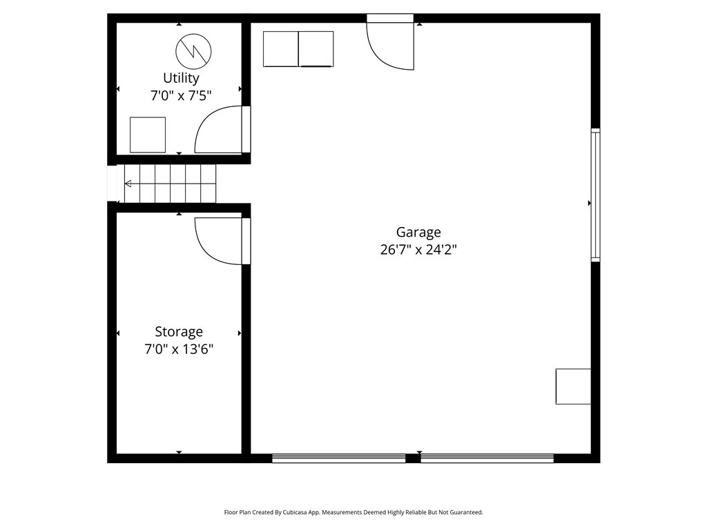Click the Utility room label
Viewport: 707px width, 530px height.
(x=181, y=78)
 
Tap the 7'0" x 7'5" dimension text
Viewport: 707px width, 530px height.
(x=181, y=96)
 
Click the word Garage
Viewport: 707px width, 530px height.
(x=418, y=233)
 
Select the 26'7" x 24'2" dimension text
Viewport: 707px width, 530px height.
(x=418, y=250)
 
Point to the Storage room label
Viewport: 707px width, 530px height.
(x=179, y=332)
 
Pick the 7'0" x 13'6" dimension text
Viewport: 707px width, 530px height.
(x=179, y=349)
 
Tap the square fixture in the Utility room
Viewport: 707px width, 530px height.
(x=148, y=135)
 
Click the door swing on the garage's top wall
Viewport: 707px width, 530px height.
(x=390, y=45)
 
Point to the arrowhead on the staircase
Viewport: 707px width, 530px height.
(x=128, y=184)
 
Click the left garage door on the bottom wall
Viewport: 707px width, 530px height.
(x=338, y=458)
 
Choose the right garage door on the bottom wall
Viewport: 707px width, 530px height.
(x=487, y=458)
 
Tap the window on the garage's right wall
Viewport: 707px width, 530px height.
(x=595, y=195)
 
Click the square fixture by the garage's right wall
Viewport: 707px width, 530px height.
(x=573, y=386)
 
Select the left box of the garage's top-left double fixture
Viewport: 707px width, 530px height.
(x=280, y=49)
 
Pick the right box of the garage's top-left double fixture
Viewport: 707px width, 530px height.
(x=316, y=49)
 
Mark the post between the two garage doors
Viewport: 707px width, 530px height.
(x=413, y=458)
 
